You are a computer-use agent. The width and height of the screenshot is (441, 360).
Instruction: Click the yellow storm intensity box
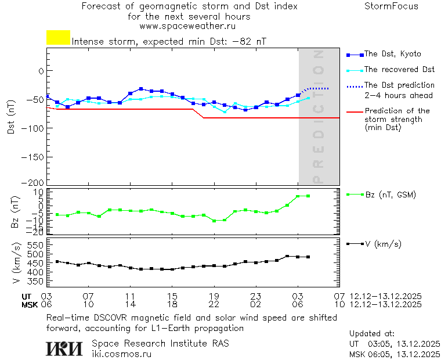click(x=58, y=38)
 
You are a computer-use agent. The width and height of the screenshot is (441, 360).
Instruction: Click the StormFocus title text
click(x=391, y=7)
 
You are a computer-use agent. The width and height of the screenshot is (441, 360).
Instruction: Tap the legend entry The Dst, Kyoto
click(x=392, y=54)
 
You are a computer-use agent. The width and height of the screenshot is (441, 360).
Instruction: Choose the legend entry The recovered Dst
click(x=399, y=70)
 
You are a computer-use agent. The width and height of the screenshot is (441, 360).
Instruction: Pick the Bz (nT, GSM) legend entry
click(x=390, y=195)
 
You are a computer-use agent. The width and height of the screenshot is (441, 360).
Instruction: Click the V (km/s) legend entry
click(x=382, y=244)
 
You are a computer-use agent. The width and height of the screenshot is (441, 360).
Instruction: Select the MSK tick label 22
click(x=214, y=304)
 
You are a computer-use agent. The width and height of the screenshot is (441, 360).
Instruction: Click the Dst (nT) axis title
click(x=11, y=116)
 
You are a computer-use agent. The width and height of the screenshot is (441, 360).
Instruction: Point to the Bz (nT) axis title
click(x=16, y=212)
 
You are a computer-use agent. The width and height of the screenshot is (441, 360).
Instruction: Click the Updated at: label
click(x=372, y=334)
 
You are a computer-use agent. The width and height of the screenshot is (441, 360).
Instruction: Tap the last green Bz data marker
click(x=308, y=196)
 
